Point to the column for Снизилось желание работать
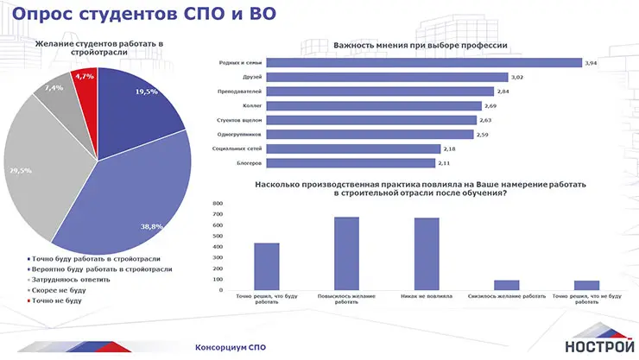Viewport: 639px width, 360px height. (507, 285)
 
